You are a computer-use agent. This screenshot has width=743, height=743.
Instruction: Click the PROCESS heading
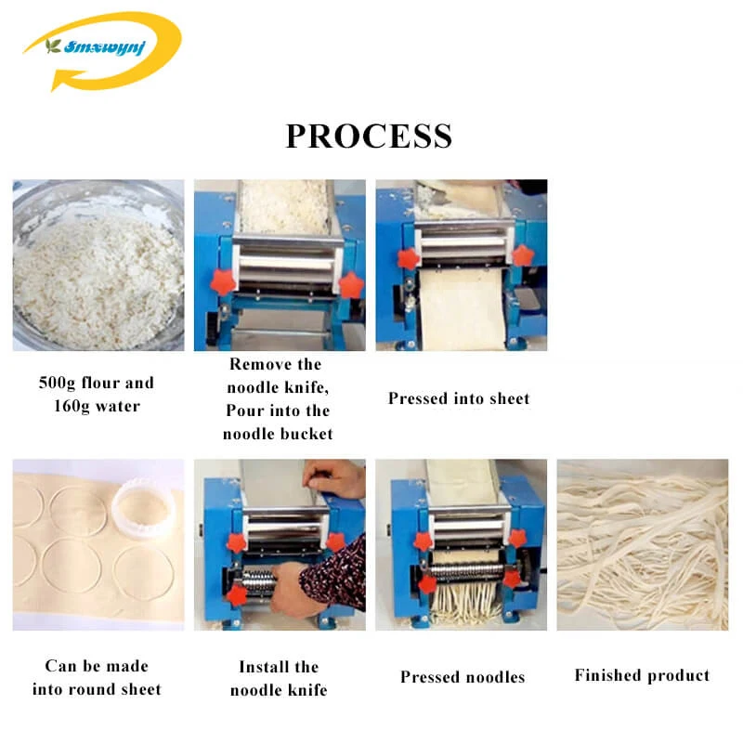(x=369, y=136)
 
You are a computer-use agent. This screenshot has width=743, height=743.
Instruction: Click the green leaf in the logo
(x=53, y=46)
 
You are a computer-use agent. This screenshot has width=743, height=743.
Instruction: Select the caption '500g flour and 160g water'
(x=97, y=394)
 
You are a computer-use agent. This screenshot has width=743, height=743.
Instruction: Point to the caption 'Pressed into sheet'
(x=459, y=398)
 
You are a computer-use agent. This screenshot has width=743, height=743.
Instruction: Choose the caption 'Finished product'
(x=642, y=675)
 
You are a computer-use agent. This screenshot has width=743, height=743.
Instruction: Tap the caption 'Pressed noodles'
(x=463, y=677)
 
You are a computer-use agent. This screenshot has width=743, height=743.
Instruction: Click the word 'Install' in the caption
(x=261, y=667)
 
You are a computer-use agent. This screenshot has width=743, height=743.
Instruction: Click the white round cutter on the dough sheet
(x=143, y=510)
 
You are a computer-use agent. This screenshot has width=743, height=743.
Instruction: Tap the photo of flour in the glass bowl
(x=98, y=265)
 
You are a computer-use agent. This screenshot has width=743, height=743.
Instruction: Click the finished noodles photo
(x=643, y=544)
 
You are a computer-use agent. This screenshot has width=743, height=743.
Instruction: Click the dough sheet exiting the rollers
(x=462, y=309)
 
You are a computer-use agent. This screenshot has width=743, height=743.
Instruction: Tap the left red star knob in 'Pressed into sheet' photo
(x=408, y=258)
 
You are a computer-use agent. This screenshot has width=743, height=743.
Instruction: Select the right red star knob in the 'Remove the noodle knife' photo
(x=352, y=284)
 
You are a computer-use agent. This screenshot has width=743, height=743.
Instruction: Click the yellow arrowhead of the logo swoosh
(x=61, y=79)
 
